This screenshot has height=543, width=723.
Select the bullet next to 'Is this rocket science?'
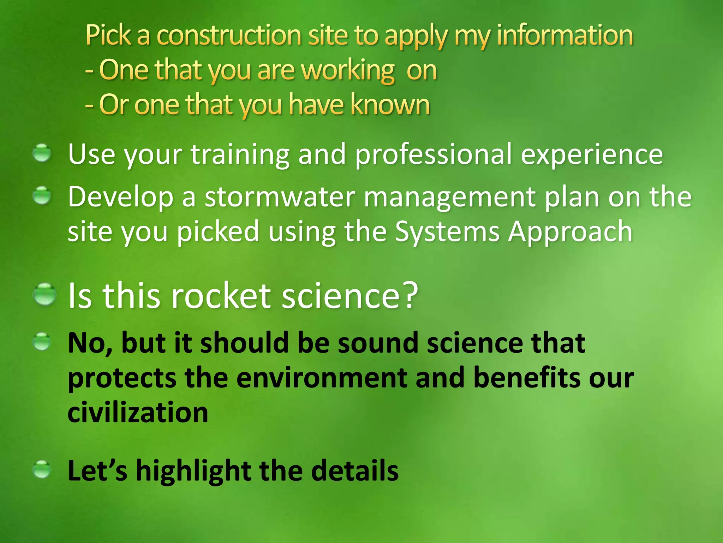[45, 294]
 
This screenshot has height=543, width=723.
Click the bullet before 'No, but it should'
[42, 342]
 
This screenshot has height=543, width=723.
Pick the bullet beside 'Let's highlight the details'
[42, 469]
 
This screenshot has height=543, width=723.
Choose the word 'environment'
[321, 378]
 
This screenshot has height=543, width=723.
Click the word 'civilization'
[138, 412]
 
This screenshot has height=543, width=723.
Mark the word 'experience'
[592, 155]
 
